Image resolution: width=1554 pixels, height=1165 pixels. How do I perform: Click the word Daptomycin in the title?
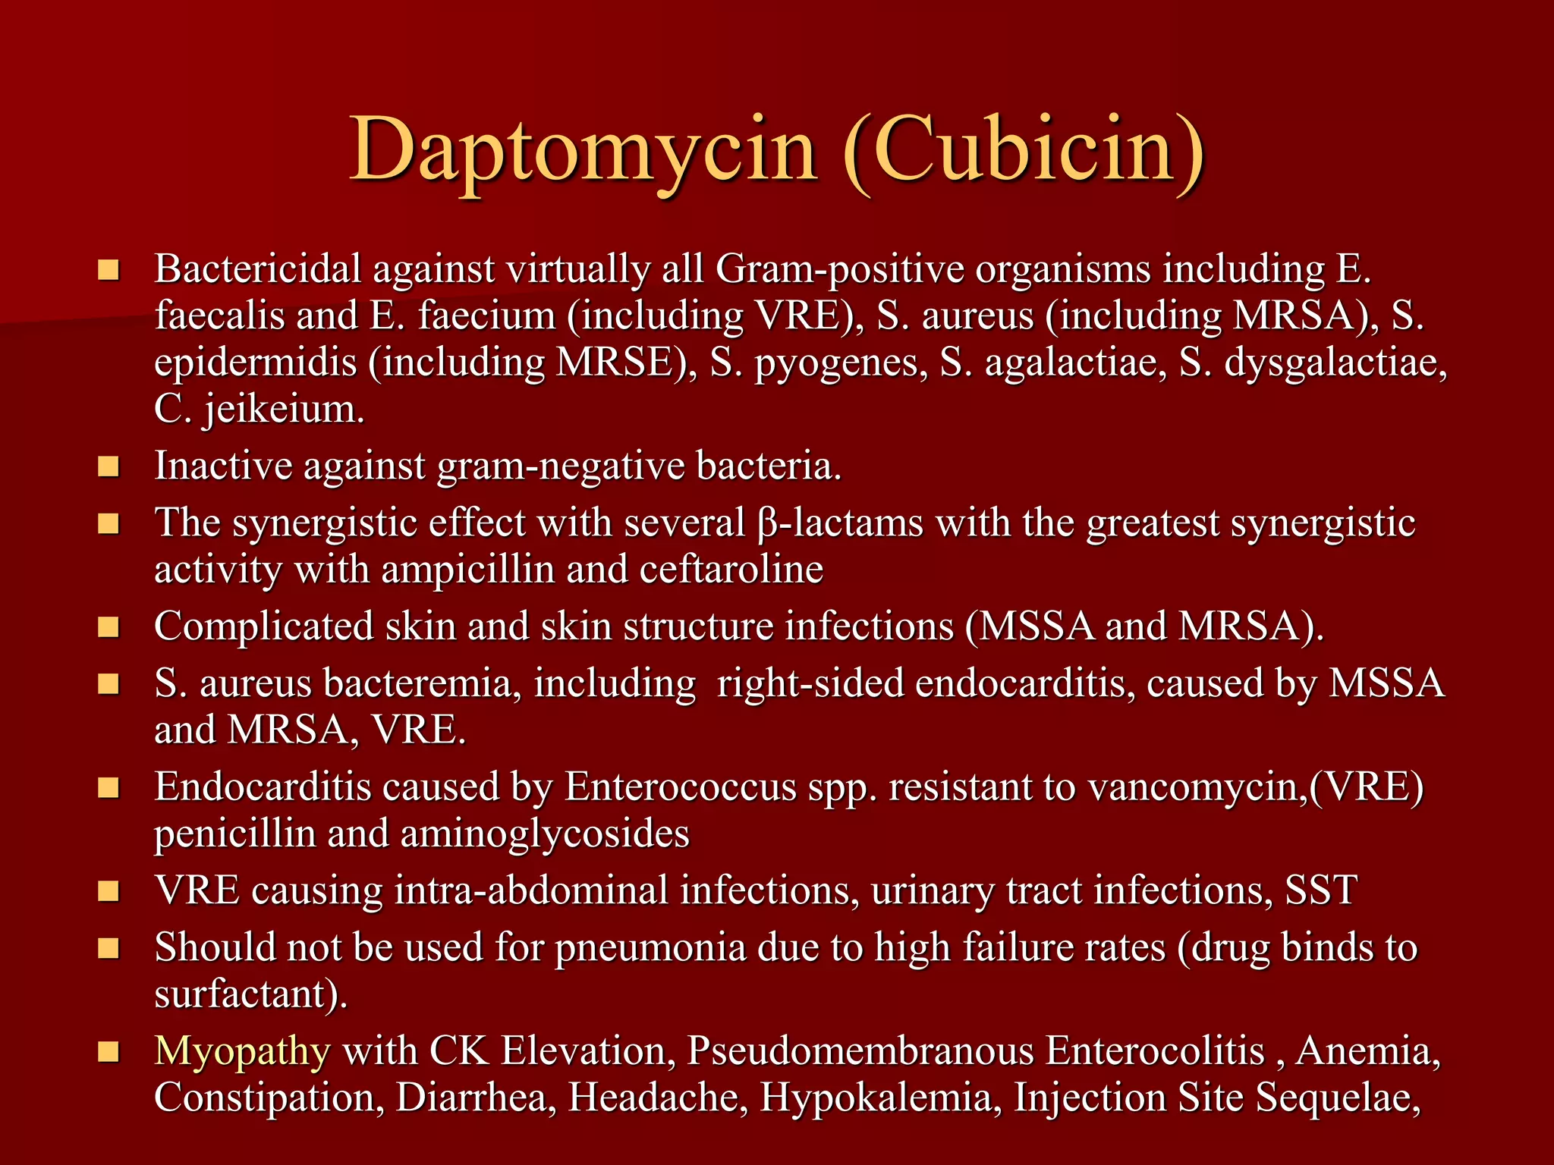pos(584,150)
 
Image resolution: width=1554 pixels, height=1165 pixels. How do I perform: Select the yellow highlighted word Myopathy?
pos(242,1051)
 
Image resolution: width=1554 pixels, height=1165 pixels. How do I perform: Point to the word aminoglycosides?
pos(544,834)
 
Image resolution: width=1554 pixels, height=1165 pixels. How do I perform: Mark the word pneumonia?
pos(650,948)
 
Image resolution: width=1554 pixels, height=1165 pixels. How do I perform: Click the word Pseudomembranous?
pos(860,1051)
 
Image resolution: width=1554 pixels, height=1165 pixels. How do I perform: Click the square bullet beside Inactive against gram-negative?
pos(109,466)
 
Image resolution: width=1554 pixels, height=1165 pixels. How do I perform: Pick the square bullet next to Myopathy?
pos(109,1052)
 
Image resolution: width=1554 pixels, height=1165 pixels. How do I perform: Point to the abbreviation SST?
pos(1321,890)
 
